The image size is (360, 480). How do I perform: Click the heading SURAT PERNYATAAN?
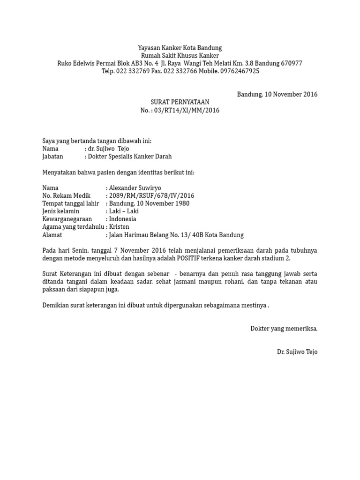click(180, 102)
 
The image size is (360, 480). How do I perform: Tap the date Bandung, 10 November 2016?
click(277, 94)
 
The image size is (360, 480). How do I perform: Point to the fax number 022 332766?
click(180, 71)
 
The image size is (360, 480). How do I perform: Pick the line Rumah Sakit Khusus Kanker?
click(180, 56)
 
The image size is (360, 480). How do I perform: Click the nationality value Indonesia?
click(122, 219)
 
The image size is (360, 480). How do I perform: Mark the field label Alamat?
click(52, 235)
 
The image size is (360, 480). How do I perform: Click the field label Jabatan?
click(52, 157)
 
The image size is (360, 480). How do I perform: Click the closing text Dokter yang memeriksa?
click(284, 329)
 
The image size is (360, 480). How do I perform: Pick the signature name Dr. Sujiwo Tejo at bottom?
click(297, 352)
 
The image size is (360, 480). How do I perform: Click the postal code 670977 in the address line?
click(292, 63)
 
